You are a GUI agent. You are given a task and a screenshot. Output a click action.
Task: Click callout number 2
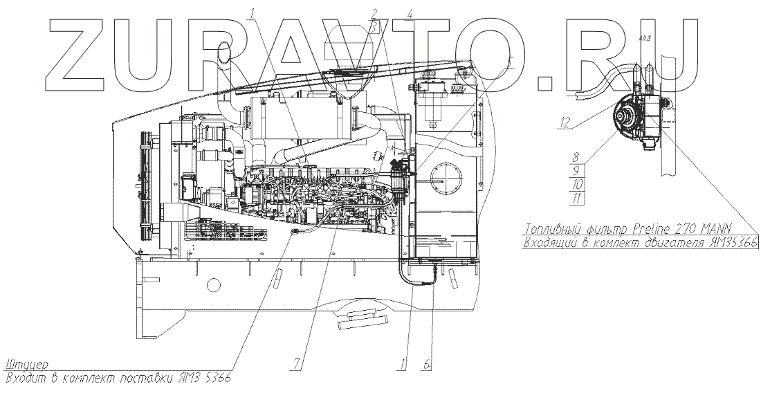tap(374, 14)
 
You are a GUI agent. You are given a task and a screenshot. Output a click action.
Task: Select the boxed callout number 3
tap(374, 27)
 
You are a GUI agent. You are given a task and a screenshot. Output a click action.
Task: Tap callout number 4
tap(410, 14)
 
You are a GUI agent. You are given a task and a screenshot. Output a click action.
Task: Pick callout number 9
tap(574, 170)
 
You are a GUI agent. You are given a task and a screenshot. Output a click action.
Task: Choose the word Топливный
tap(553, 229)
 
